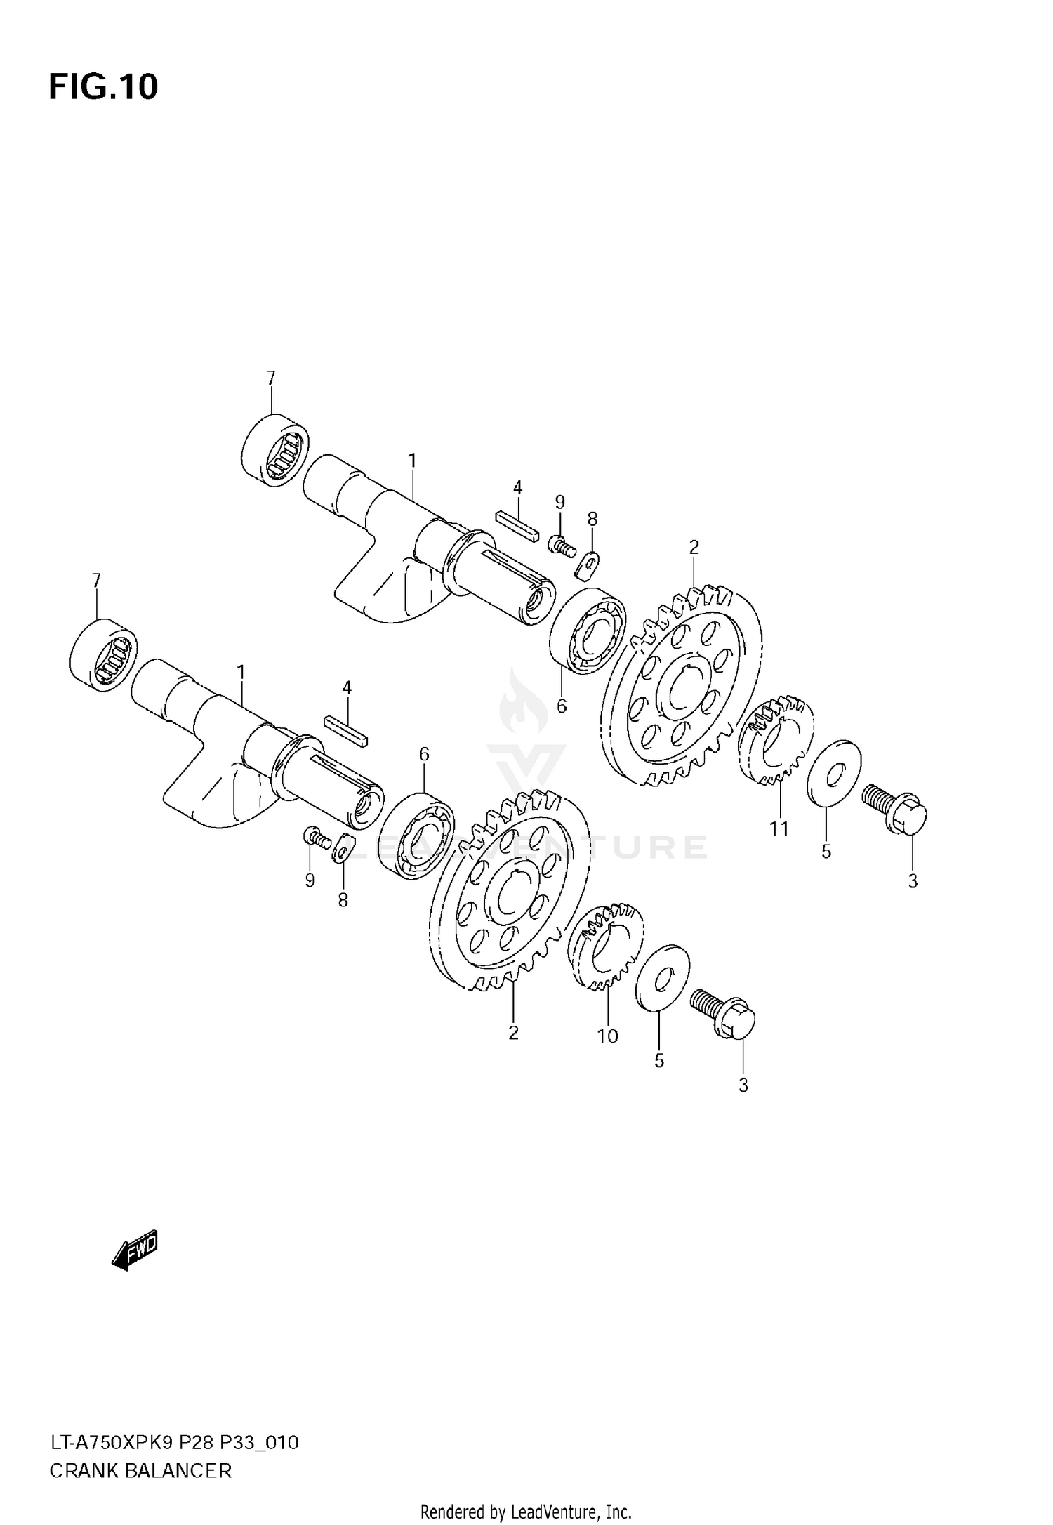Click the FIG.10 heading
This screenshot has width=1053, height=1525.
click(103, 87)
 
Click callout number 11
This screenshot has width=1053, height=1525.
click(779, 828)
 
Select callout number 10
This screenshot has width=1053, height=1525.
click(607, 1036)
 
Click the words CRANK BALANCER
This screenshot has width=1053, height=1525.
click(140, 1470)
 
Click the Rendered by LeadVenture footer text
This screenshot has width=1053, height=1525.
click(526, 1512)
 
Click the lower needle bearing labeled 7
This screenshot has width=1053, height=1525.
click(105, 654)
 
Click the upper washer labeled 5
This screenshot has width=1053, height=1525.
click(834, 774)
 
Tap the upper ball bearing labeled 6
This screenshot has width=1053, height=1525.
click(588, 631)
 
